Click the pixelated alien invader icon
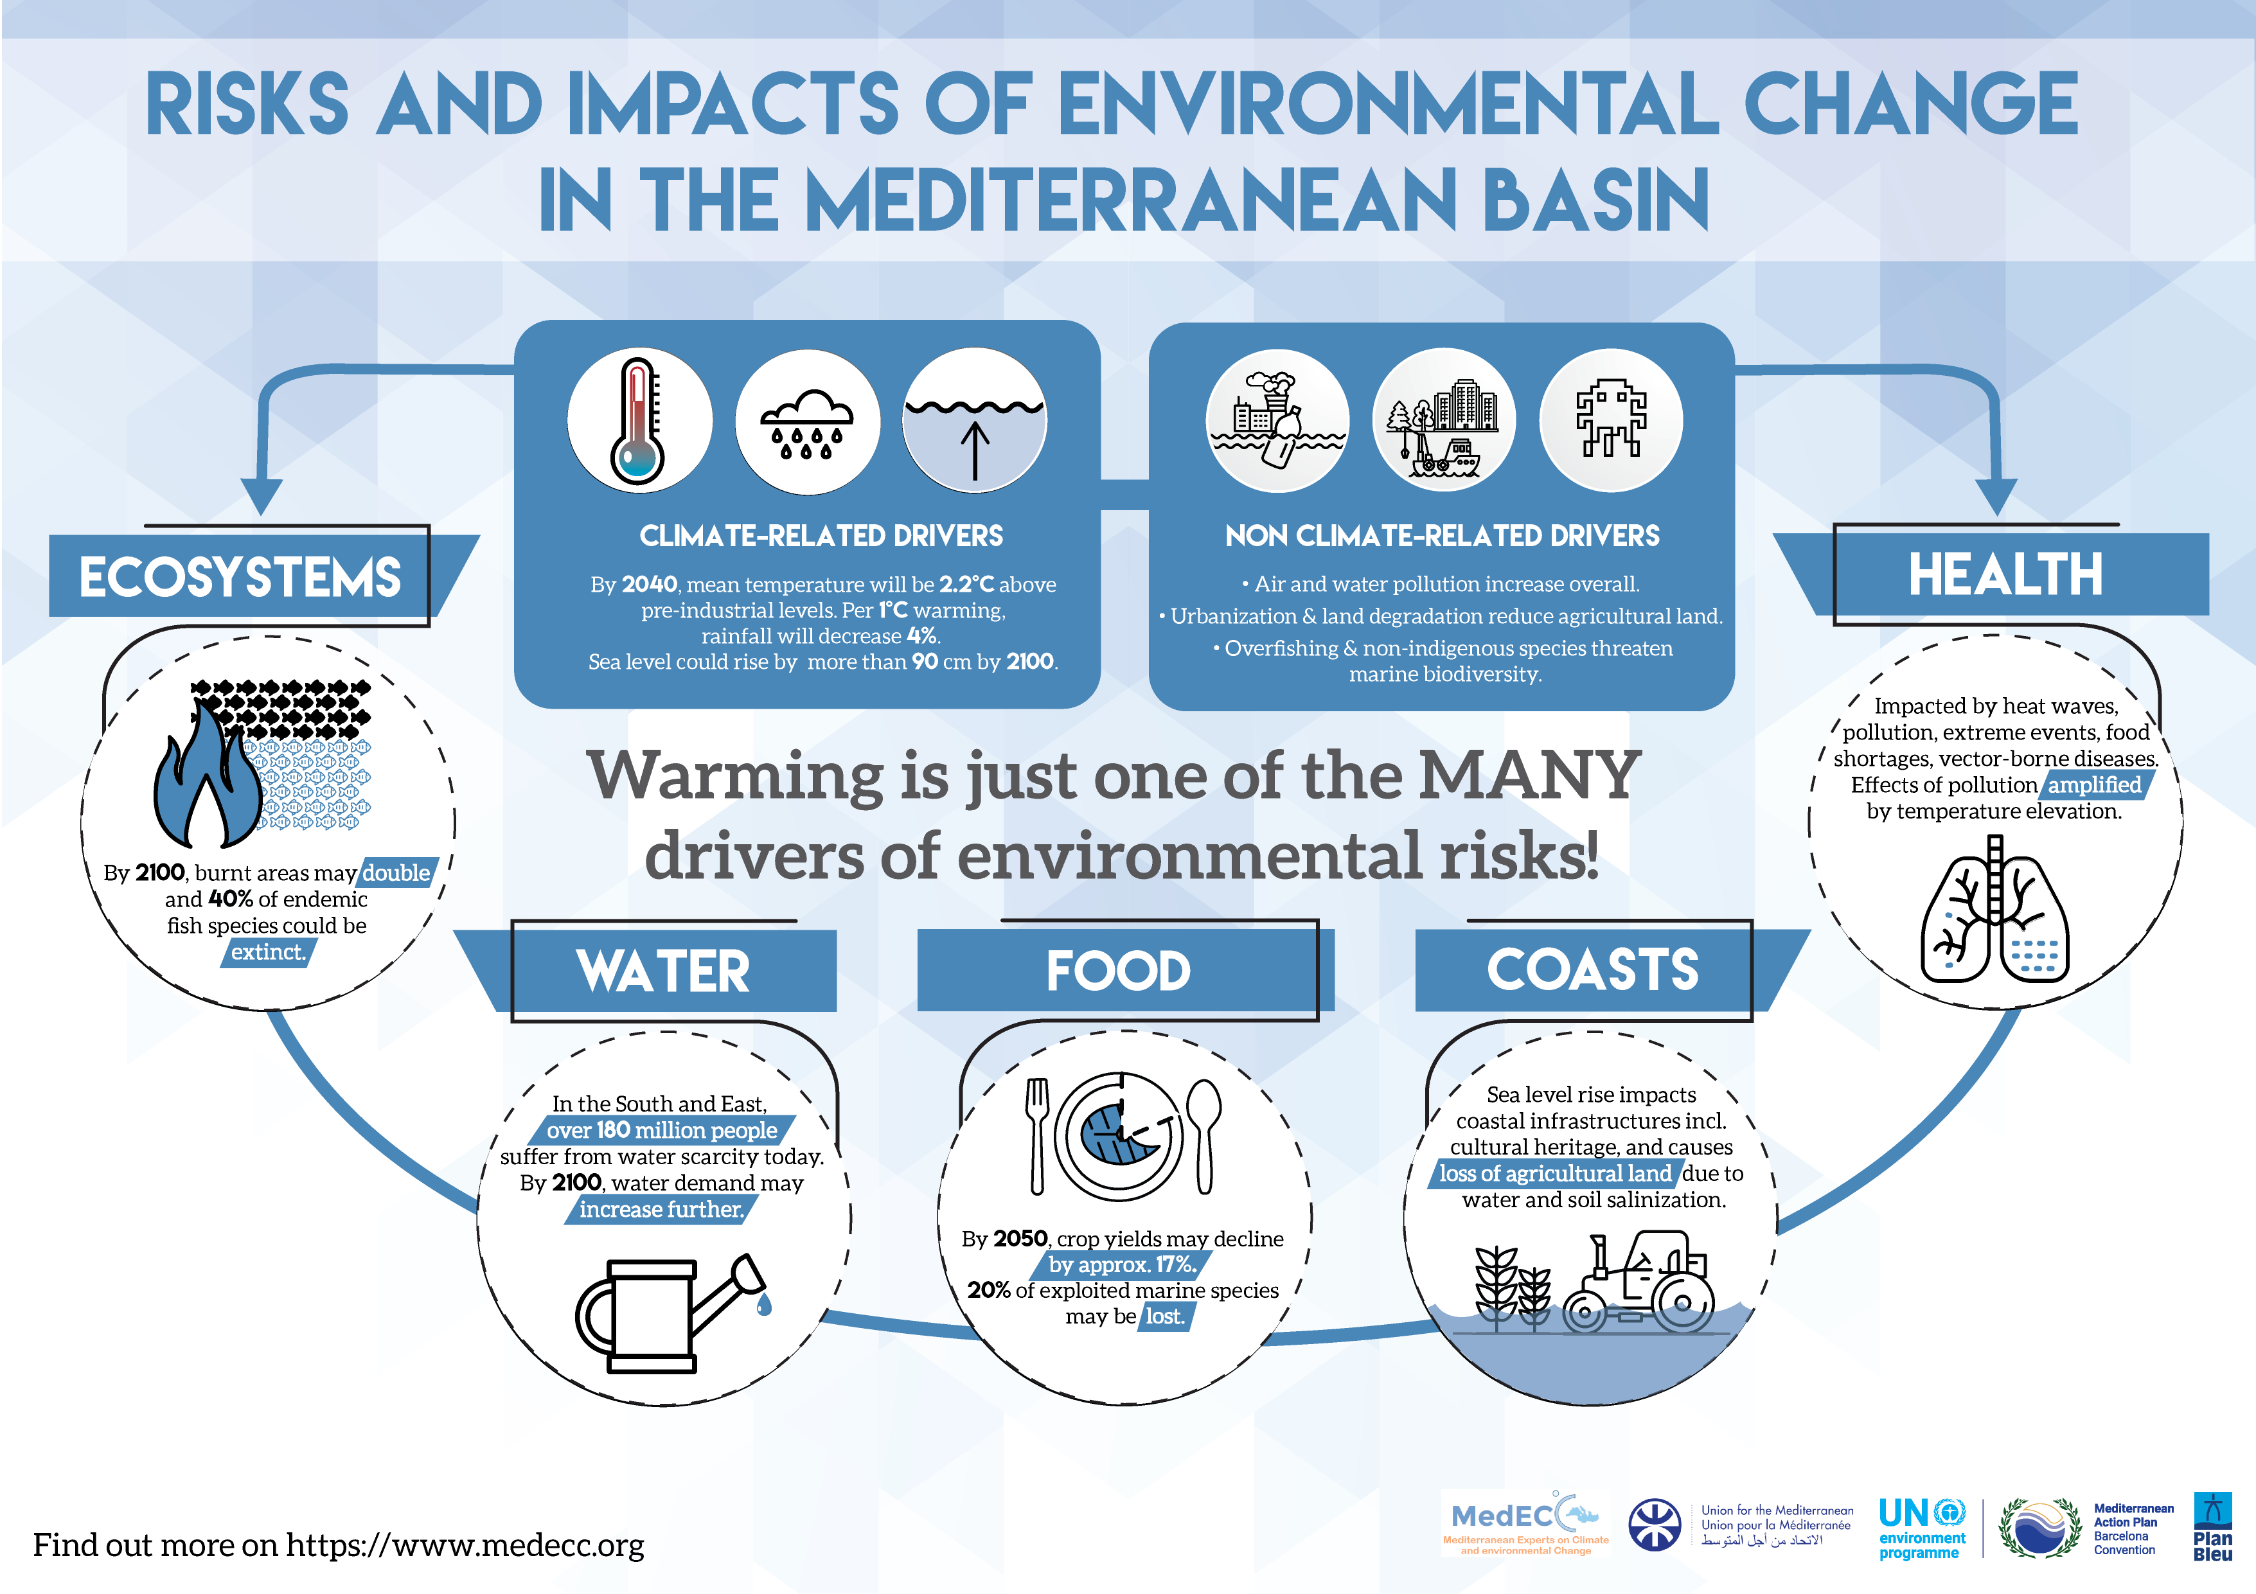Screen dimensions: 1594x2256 (x=1610, y=421)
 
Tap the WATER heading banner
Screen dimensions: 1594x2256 (x=663, y=971)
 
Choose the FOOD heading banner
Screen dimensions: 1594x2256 (x=1118, y=971)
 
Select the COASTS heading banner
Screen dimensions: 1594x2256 (x=1592, y=970)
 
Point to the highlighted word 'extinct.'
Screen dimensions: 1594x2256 (x=268, y=952)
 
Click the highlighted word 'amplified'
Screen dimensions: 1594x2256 (x=2094, y=785)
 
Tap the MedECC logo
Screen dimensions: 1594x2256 (x=1524, y=1523)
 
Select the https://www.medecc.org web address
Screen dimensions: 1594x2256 (x=465, y=1545)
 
